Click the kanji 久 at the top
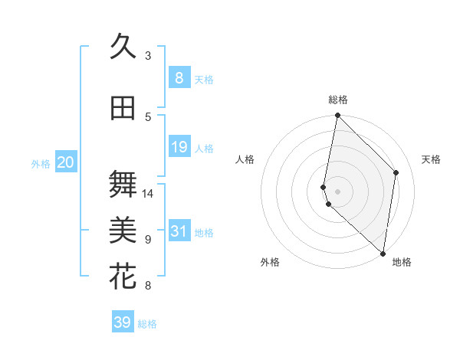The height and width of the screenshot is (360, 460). point(123,47)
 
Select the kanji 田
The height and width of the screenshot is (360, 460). point(123,108)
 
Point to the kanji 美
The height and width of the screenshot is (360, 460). point(123,229)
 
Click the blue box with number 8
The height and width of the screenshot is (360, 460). point(179,77)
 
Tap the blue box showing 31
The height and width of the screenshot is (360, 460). point(179,231)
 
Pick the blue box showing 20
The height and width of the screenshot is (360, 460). point(66,162)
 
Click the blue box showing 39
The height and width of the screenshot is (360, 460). point(122,322)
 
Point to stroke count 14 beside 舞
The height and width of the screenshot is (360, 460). point(148,193)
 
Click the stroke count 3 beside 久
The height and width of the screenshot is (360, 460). point(148,56)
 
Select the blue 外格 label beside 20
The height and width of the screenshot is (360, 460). point(41,163)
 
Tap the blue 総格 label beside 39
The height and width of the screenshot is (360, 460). point(147,324)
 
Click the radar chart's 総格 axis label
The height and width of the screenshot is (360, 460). point(338,100)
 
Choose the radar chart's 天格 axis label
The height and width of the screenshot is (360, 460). point(432,159)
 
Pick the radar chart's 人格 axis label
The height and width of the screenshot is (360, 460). point(245,159)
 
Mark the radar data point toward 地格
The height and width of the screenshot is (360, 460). point(383,254)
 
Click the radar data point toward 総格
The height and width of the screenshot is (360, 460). point(338,116)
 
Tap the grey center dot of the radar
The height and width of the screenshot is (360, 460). point(338,190)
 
